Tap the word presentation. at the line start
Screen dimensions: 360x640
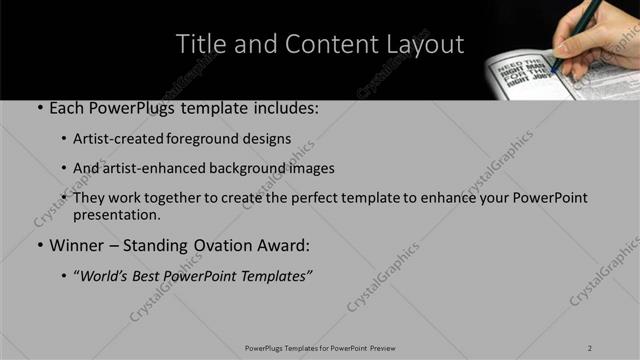coord(116,214)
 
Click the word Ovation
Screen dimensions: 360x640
coord(227,245)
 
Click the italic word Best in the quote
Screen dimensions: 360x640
coord(151,276)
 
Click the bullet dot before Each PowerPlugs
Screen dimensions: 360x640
coord(39,106)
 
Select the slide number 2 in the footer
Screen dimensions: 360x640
coord(590,347)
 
